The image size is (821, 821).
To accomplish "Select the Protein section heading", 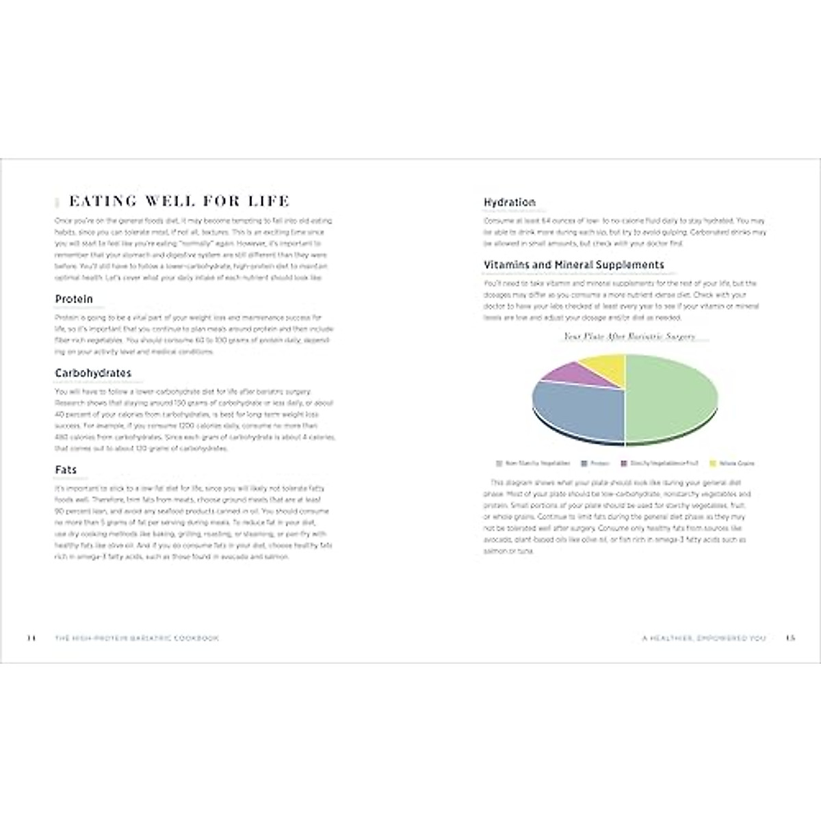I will [x=74, y=299].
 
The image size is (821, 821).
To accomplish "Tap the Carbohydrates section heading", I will [x=93, y=373].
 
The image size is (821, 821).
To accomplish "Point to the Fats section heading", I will [x=66, y=470].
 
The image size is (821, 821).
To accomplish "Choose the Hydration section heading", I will [x=510, y=203].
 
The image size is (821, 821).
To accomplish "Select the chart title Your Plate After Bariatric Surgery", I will [x=629, y=336].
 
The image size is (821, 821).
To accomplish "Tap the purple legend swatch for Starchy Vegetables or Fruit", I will [x=624, y=463].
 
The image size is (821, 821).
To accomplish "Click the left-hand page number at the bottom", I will [x=31, y=638].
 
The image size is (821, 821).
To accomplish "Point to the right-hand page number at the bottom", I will [x=790, y=638].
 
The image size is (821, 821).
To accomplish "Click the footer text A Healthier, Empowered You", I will [x=704, y=638].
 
